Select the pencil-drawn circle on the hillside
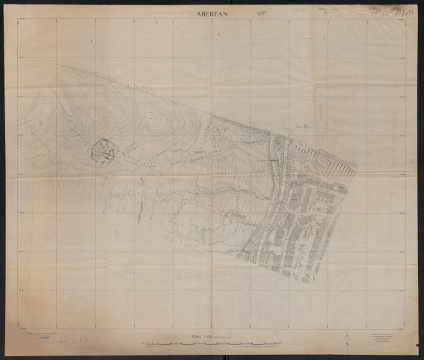tap(103, 151)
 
